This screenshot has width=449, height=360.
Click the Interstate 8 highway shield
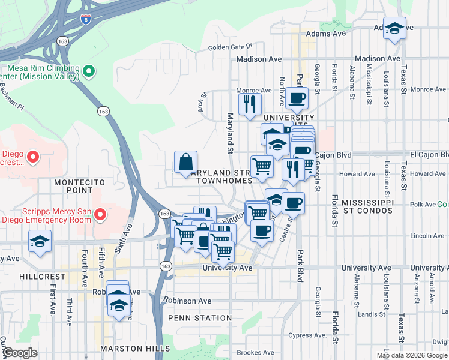coord(86,19)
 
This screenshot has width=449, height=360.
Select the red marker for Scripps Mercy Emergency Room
coord(100,214)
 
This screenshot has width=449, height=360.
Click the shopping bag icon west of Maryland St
coord(185,162)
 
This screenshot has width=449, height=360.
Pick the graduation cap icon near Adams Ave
coord(394,28)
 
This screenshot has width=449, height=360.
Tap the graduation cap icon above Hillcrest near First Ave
coord(40,242)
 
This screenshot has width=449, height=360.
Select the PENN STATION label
coord(200,317)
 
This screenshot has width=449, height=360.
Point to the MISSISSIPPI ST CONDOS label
coord(367,208)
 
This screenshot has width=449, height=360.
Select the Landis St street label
coord(370,314)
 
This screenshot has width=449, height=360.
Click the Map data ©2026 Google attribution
coord(412,355)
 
